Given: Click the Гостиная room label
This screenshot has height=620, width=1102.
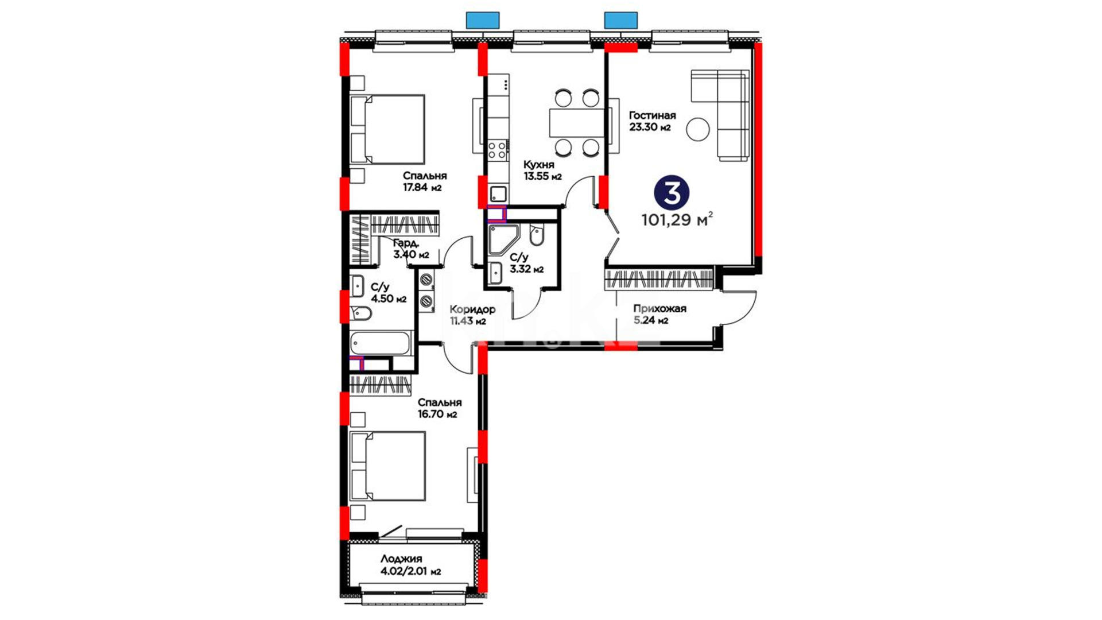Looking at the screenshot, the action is coord(652,115).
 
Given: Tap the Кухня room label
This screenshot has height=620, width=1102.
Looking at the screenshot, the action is coord(538,165).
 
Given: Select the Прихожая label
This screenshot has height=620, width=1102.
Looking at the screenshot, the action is coord(659,309).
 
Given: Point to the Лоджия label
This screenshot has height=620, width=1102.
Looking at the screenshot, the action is coord(401,559).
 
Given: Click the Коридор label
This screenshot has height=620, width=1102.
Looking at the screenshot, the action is coord(472,309).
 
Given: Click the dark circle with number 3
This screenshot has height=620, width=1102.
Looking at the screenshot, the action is coord(672,193).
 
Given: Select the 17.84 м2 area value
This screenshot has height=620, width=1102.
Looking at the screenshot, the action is coord(422,188).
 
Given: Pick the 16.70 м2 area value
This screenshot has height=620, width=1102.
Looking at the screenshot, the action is coord(437,414).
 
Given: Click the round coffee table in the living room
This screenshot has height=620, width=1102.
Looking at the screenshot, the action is coord(699,129).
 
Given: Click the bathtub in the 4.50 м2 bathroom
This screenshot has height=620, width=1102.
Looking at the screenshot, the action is coord(380,343).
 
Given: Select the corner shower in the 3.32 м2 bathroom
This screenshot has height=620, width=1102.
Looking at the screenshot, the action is coord(503,239).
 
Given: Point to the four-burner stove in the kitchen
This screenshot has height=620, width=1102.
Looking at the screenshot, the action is coord(498,150).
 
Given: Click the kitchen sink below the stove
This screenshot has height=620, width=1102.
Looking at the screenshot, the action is coord(498,193).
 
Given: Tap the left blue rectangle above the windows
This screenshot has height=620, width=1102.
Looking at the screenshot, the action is coord(483,21).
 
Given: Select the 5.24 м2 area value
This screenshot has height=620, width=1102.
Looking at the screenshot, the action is coord(651,321).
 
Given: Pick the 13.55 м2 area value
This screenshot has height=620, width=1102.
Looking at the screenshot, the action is coord(542,177).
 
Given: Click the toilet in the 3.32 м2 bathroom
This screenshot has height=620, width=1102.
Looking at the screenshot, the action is coord(537,235).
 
